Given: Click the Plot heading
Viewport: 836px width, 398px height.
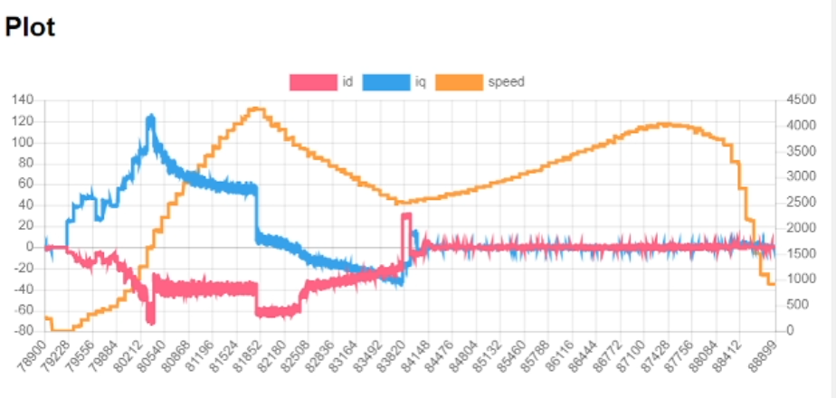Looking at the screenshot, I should click(31, 27).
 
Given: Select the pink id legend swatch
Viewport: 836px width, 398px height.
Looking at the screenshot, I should click(312, 82).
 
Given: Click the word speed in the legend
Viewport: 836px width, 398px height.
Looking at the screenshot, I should click(506, 82).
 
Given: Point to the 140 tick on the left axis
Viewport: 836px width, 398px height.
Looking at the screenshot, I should click(23, 100).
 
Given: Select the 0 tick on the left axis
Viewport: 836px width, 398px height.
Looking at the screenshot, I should click(30, 246).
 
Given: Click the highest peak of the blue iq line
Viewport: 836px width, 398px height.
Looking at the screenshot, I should click(150, 116).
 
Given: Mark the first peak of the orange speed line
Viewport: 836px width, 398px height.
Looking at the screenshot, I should click(257, 109).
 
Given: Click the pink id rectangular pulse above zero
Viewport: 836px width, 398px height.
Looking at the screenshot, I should click(406, 215).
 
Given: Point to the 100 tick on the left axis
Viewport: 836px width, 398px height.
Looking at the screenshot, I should click(23, 142).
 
